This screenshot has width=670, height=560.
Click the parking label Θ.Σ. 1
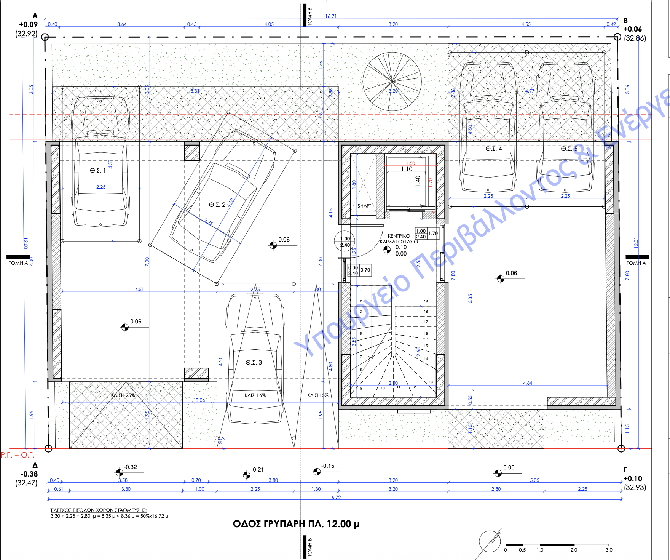click(98, 171)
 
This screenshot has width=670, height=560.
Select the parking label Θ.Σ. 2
click(217, 205)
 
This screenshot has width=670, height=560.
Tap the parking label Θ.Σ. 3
click(254, 362)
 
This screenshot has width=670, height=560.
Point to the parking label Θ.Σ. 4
click(494, 149)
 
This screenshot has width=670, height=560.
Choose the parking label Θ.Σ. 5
click(569, 149)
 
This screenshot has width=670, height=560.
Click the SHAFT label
click(364, 206)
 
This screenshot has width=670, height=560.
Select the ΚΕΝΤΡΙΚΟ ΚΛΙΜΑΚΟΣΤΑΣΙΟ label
click(399, 239)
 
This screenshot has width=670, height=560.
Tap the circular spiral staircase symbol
click(392, 82)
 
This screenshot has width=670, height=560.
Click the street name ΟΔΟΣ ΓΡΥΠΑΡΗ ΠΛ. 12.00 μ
click(296, 524)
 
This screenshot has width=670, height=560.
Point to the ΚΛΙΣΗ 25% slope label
click(123, 395)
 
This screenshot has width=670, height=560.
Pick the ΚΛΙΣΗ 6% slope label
click(255, 395)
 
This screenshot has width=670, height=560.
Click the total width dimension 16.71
click(331, 16)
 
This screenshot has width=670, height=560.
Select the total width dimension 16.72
click(335, 498)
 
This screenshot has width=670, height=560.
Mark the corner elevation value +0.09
click(29, 25)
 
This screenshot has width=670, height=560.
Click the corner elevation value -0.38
click(29, 474)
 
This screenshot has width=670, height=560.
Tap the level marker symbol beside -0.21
click(247, 475)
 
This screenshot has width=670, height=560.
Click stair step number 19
click(426, 301)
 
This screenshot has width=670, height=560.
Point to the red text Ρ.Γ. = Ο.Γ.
click(18, 455)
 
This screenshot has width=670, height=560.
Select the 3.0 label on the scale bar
click(609, 550)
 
